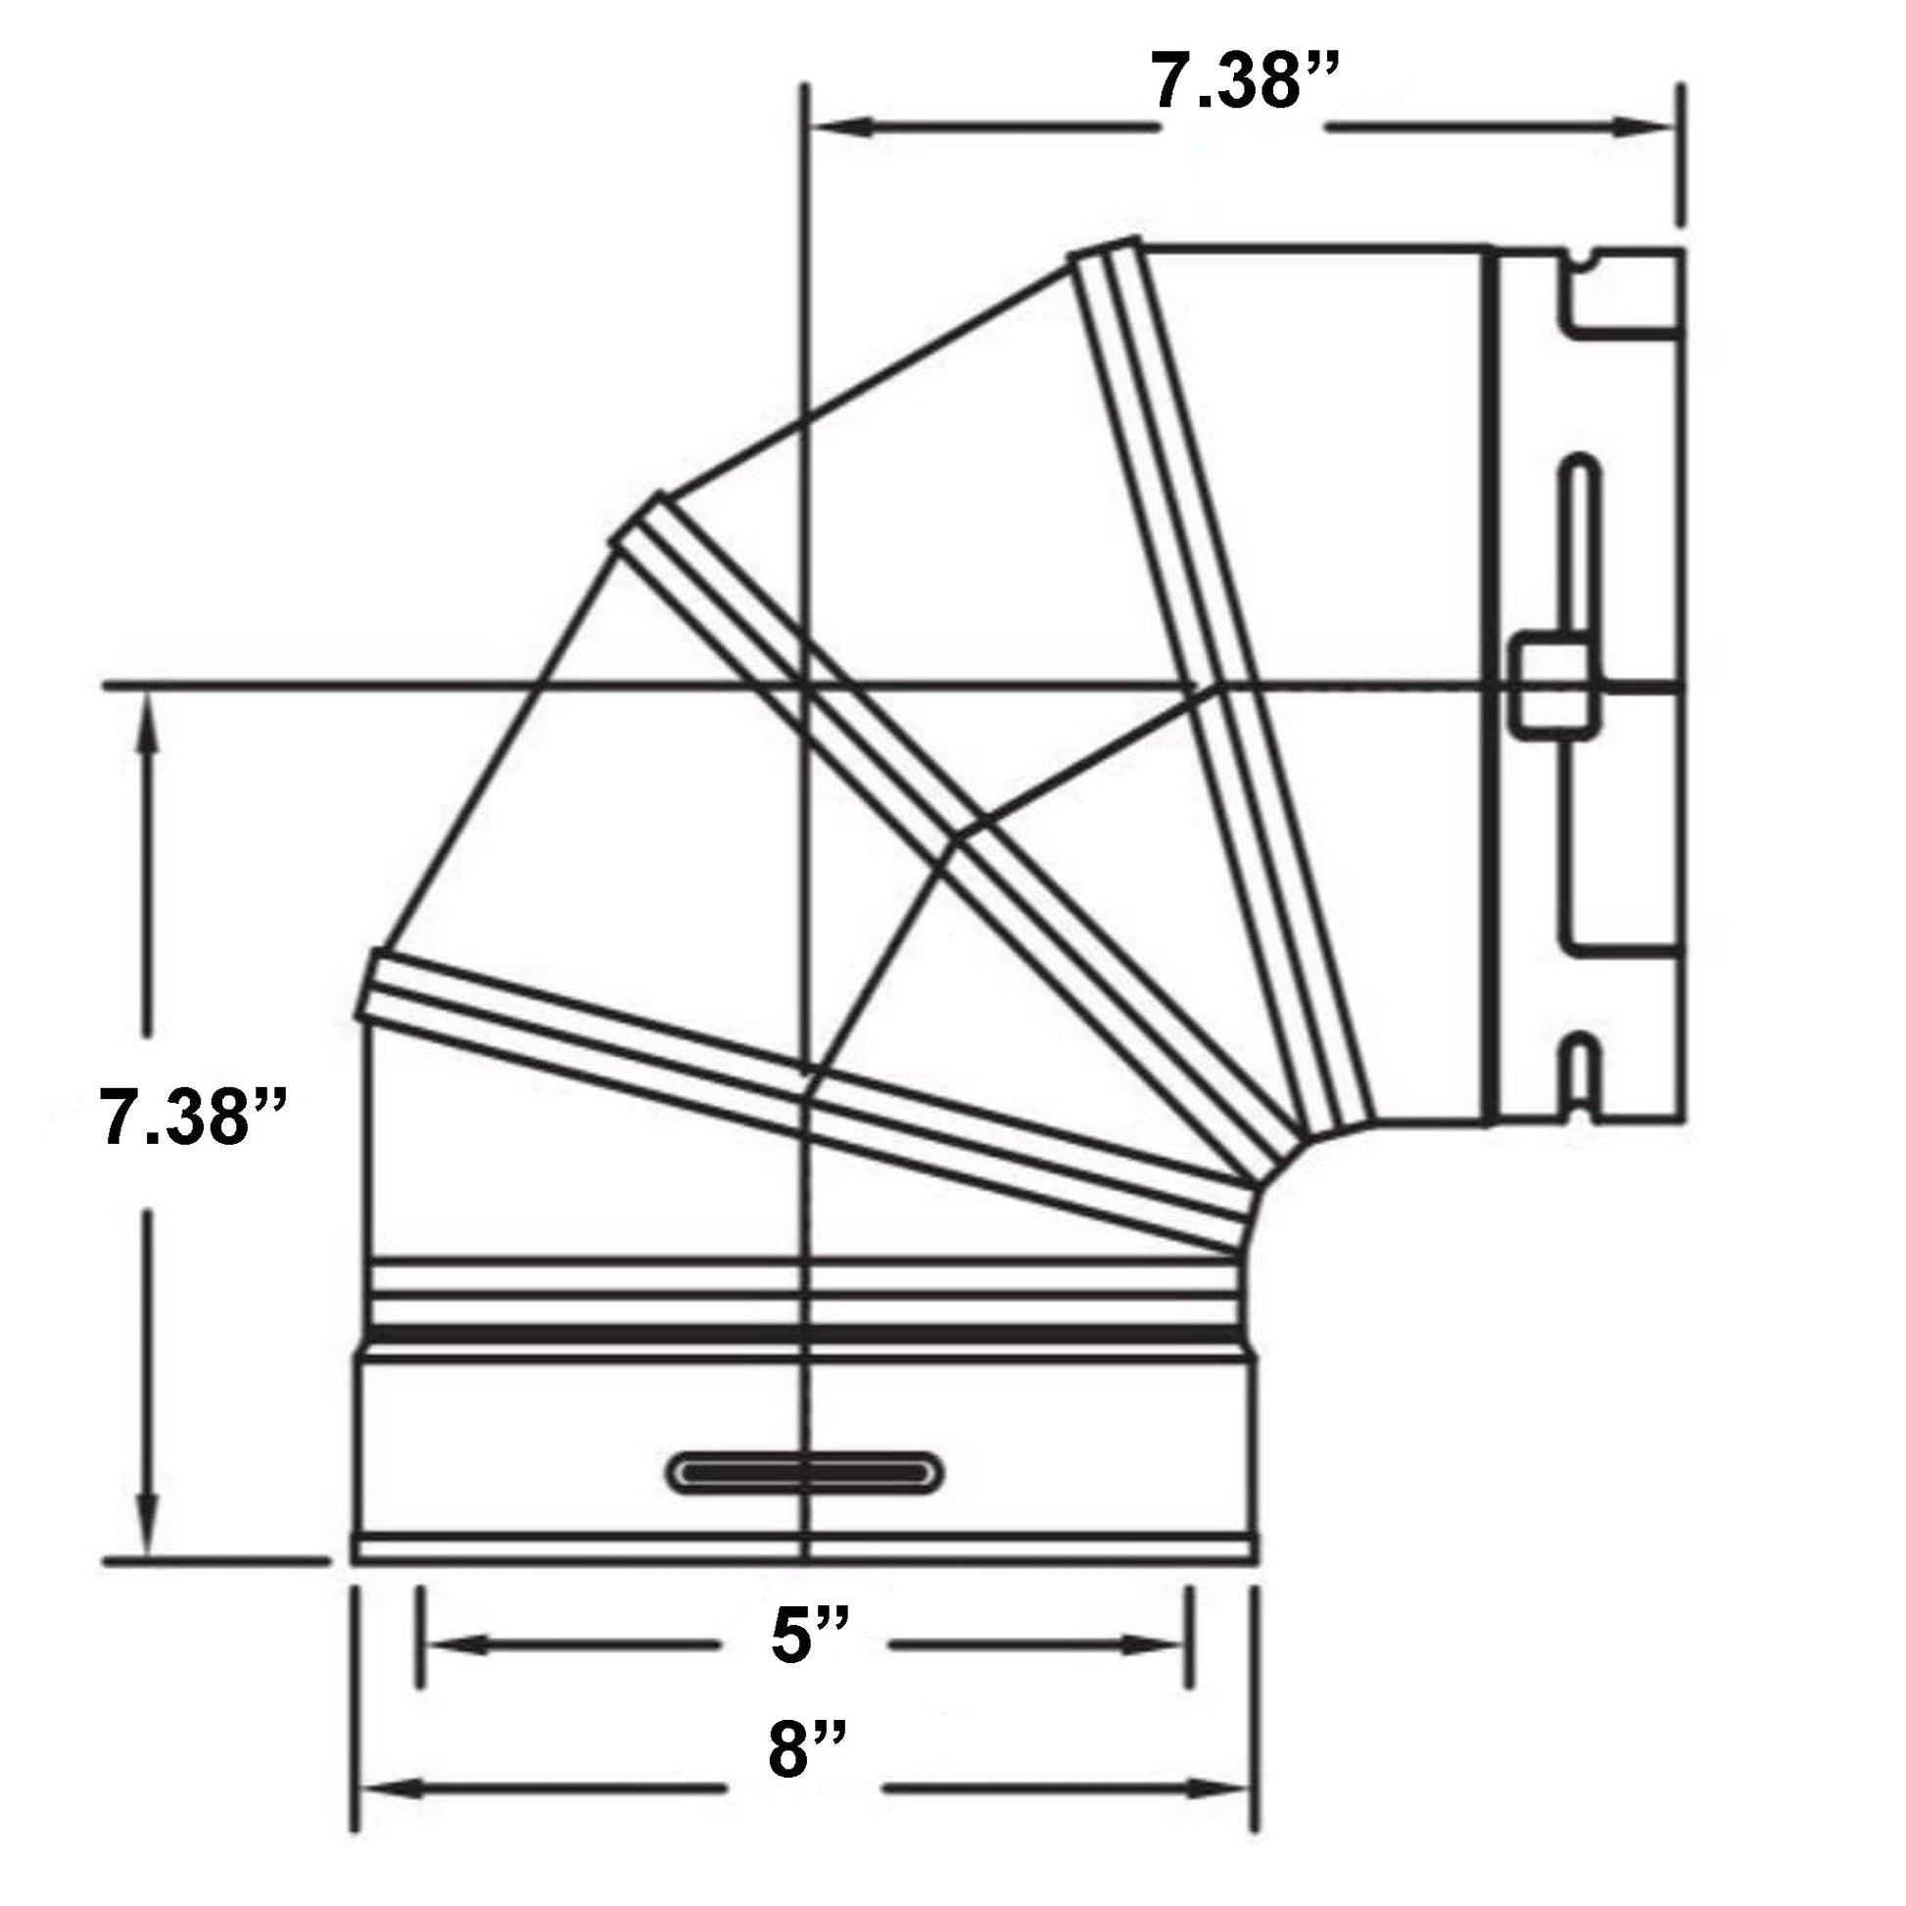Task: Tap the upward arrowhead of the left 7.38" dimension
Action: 149,724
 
